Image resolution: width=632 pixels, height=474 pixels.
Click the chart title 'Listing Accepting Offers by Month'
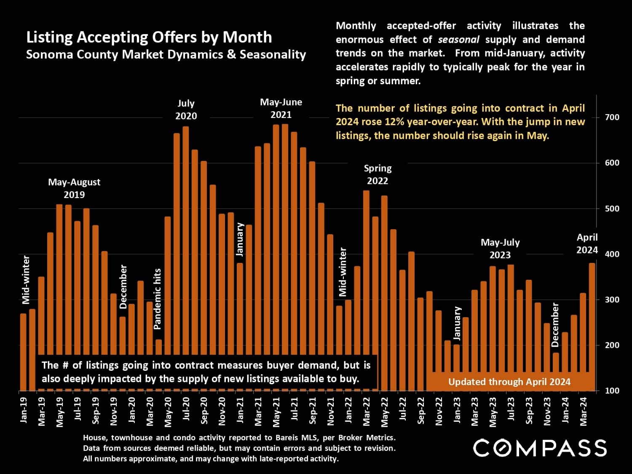point(149,37)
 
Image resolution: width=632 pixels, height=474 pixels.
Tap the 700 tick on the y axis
point(612,117)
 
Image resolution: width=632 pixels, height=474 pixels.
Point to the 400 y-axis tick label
point(612,254)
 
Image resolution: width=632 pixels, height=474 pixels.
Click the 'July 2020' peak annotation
point(186,110)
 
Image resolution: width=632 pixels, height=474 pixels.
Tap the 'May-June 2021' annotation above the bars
point(281,108)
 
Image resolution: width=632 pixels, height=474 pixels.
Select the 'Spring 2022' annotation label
point(378,174)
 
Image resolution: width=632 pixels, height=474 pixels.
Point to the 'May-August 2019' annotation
point(74,188)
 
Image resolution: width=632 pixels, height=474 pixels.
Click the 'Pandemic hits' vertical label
point(158,299)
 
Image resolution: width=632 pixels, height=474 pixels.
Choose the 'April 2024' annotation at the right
point(587,244)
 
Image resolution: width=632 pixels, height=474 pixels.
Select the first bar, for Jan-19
point(23,352)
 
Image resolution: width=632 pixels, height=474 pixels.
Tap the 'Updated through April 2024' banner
point(509,382)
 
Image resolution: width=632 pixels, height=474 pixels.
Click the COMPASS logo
point(540,447)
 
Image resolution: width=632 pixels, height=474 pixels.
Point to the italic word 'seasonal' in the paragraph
point(458,40)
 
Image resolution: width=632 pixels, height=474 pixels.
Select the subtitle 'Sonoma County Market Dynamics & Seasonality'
point(166,54)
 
